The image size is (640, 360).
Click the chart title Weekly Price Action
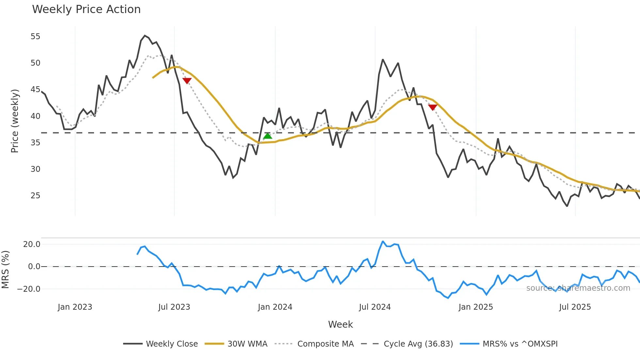(x=86, y=9)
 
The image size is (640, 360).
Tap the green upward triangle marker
(x=268, y=136)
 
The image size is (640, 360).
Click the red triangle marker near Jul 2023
(x=187, y=81)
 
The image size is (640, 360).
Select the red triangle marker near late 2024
(x=433, y=107)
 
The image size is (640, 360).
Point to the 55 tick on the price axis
(x=35, y=37)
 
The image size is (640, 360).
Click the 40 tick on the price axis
(x=35, y=116)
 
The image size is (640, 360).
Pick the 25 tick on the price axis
(x=35, y=196)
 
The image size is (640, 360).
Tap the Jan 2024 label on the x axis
(x=275, y=307)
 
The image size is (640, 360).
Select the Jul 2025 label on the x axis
(x=575, y=307)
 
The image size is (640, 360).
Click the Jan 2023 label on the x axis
(x=75, y=307)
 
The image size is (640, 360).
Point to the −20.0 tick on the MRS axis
(x=29, y=289)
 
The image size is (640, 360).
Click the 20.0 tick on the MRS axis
(x=32, y=244)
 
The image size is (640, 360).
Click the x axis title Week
(x=340, y=324)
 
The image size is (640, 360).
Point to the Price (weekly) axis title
(x=15, y=121)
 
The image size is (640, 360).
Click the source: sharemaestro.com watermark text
(x=578, y=288)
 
